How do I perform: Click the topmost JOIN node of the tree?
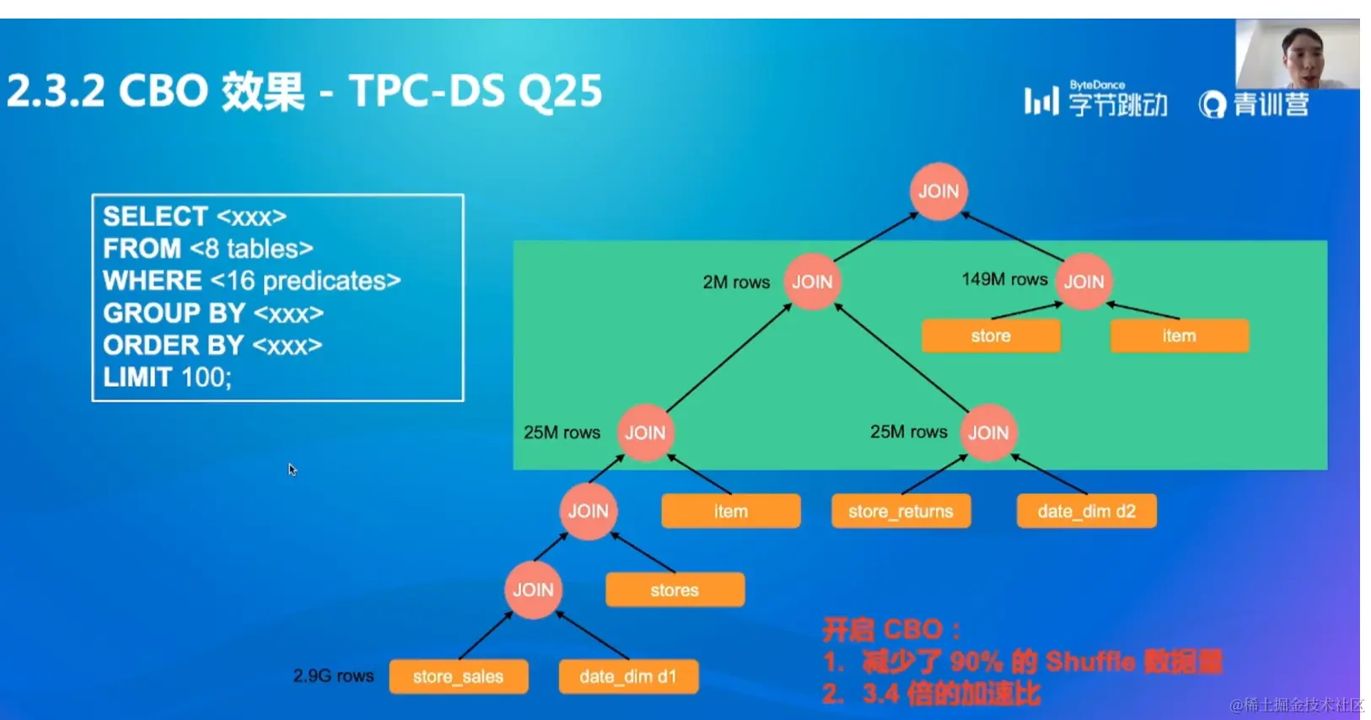coord(938,191)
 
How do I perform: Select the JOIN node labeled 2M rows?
coord(812,282)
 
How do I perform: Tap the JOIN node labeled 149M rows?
coord(1083,282)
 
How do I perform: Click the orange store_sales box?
coord(458,676)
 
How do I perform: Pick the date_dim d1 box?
coord(628,676)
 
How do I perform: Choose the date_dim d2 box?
coord(1086,511)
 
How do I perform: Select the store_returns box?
coord(901,511)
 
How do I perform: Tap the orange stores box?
coord(675,589)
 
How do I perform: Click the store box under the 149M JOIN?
coord(991,336)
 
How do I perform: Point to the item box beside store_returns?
coord(730,511)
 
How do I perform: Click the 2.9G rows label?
coord(333,676)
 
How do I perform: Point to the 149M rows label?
coord(1004,279)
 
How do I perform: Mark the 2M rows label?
coord(736,282)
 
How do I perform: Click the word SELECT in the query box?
coord(155,217)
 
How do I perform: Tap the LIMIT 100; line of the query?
coord(167,377)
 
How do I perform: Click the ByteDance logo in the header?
coord(1096,100)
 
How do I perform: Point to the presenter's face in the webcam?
coord(1301,54)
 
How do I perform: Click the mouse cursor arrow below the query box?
coord(292,469)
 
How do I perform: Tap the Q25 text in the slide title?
coord(560,91)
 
